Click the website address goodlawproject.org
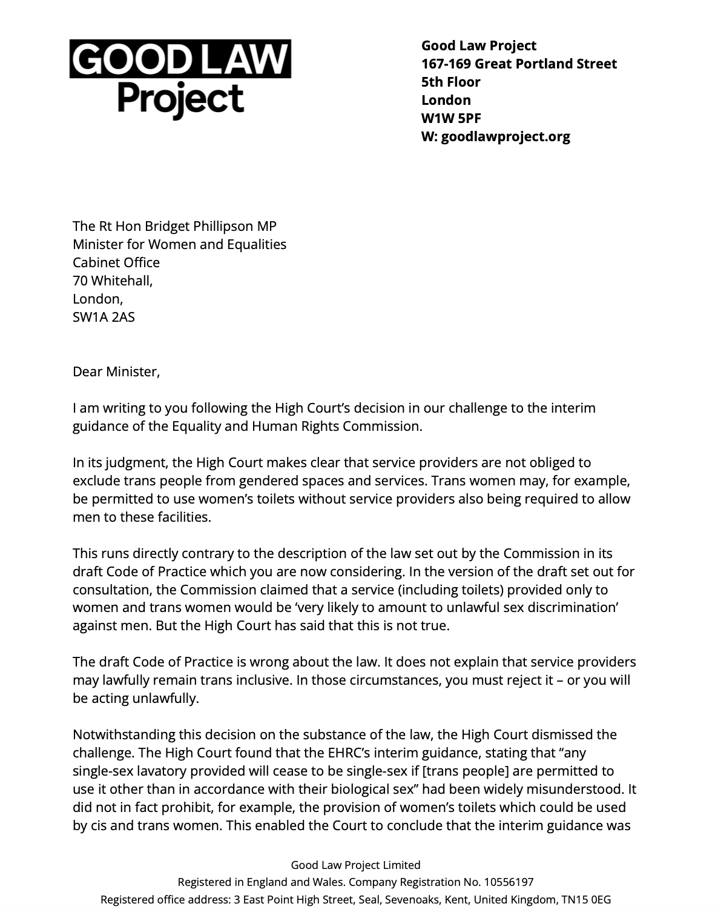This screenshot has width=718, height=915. (506, 136)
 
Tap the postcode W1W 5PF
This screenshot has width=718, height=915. (451, 118)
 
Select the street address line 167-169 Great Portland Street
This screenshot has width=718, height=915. (519, 64)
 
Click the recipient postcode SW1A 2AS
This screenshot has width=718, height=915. (104, 317)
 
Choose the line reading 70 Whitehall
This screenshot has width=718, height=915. (113, 281)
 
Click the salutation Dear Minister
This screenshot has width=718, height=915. (116, 371)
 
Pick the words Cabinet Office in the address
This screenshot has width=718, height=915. (116, 262)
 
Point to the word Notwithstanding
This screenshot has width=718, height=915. (124, 735)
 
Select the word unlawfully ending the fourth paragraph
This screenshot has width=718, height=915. (166, 699)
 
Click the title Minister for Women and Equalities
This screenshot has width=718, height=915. (179, 244)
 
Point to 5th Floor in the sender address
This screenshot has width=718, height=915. (450, 82)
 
